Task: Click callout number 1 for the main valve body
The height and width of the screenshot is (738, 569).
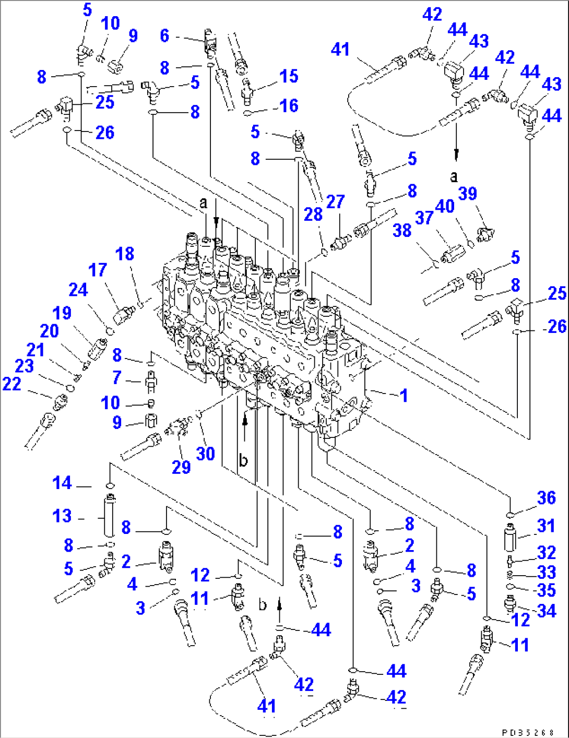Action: pyautogui.click(x=404, y=395)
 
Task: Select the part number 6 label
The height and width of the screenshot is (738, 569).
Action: pyautogui.click(x=164, y=35)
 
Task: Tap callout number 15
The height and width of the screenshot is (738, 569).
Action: pyautogui.click(x=288, y=76)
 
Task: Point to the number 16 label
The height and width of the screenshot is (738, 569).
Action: pyautogui.click(x=289, y=106)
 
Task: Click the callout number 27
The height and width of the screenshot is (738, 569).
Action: pyautogui.click(x=335, y=201)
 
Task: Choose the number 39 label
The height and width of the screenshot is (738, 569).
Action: pyautogui.click(x=467, y=194)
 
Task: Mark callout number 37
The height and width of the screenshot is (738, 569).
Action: pyautogui.click(x=424, y=218)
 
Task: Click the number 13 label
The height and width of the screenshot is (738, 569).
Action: pyautogui.click(x=62, y=516)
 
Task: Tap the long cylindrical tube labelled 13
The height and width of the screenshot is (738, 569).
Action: pyautogui.click(x=109, y=516)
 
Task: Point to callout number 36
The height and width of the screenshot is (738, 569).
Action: pyautogui.click(x=546, y=497)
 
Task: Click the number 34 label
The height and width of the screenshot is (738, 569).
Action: pyautogui.click(x=546, y=610)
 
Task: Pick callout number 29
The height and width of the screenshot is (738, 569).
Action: pyautogui.click(x=181, y=467)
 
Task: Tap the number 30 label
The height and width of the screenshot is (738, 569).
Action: pyautogui.click(x=205, y=453)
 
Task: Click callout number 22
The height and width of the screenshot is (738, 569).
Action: pyautogui.click(x=11, y=384)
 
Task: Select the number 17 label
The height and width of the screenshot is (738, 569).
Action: pyautogui.click(x=98, y=270)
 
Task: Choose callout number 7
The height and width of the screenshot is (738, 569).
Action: pyautogui.click(x=117, y=377)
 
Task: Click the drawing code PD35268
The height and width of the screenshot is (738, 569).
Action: pyautogui.click(x=528, y=732)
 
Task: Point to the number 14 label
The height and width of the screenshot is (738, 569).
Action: pyautogui.click(x=62, y=483)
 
